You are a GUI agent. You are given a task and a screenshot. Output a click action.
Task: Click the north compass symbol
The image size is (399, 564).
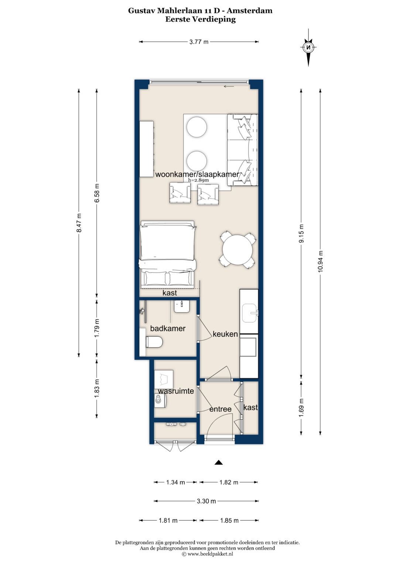[308, 47]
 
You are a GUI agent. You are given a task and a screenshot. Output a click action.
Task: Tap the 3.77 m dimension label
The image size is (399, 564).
[199, 42]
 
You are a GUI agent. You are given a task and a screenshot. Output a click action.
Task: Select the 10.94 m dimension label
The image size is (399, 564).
[320, 262]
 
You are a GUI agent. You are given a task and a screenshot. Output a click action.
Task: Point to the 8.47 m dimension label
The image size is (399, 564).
[79, 223]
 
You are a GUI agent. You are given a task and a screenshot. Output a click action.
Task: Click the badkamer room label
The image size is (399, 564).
[168, 328]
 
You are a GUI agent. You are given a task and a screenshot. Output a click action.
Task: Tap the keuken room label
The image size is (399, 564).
[225, 334]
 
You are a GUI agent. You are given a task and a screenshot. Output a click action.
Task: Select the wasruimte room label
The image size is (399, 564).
[176, 391]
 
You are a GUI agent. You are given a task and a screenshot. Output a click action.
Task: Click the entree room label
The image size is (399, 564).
[221, 409]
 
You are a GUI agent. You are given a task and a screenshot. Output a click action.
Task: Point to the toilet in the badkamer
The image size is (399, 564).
[154, 342]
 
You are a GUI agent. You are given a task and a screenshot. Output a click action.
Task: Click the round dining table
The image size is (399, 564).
[238, 250]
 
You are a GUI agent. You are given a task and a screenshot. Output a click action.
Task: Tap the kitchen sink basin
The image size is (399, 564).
[250, 313]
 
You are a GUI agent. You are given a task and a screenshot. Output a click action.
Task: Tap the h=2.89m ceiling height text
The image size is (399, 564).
[198, 180]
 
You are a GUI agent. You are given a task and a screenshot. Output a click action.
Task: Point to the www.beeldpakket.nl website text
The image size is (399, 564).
[210, 554]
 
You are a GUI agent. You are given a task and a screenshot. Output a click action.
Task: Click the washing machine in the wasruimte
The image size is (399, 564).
[160, 401]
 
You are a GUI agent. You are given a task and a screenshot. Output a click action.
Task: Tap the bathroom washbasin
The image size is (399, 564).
[182, 306]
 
